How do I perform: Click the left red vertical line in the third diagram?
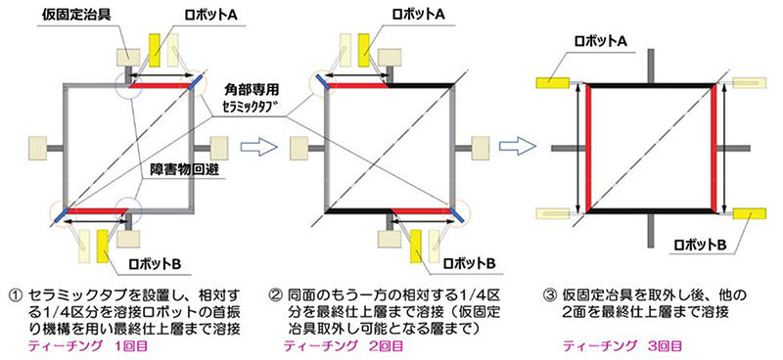coord(589,147)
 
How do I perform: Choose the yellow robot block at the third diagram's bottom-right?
coord(750,213)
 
